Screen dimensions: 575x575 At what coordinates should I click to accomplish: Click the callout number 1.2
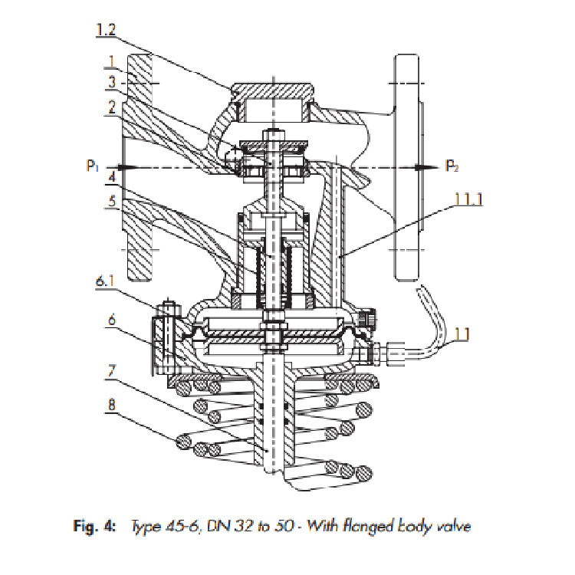(x=106, y=30)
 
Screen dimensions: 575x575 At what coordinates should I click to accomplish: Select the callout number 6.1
(x=104, y=281)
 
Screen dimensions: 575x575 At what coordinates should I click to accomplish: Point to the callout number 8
(x=112, y=405)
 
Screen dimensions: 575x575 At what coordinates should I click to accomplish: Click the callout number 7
(x=112, y=372)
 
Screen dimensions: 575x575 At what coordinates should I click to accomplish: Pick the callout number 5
(x=112, y=201)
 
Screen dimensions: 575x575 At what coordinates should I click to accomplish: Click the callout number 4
(x=112, y=177)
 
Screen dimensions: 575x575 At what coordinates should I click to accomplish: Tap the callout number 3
(x=112, y=82)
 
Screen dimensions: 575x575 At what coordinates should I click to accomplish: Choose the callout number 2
(x=112, y=107)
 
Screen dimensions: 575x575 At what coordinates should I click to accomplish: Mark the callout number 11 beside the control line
(x=462, y=334)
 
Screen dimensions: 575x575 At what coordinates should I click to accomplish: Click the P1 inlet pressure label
(x=93, y=166)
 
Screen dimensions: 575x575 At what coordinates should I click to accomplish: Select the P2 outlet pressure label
(x=452, y=166)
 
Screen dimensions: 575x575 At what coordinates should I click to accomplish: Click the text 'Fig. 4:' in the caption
(x=94, y=527)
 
